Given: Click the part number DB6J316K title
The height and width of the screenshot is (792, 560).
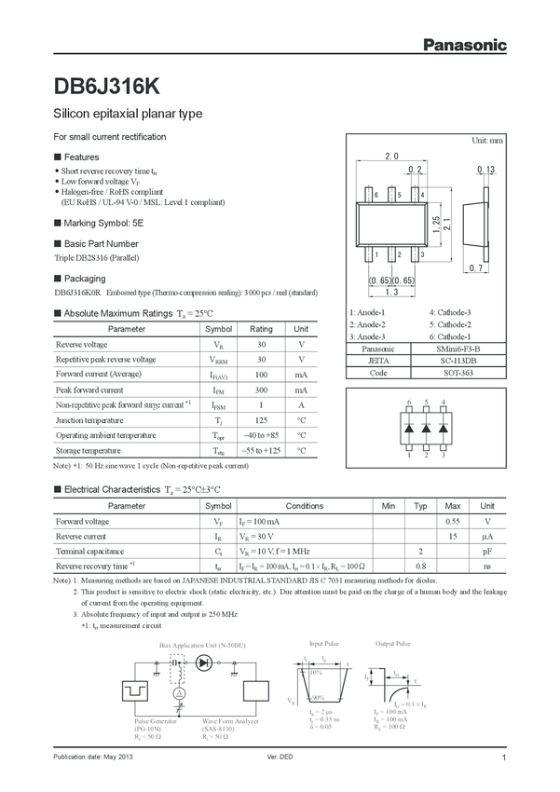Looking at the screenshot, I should point(107,87).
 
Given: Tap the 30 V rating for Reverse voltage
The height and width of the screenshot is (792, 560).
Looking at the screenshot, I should point(261,345).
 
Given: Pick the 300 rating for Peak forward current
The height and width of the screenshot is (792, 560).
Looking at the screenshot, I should point(261,389).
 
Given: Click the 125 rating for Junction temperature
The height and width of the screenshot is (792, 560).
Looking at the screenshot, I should point(261,419).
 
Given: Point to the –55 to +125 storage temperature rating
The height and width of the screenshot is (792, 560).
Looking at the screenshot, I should point(261,450).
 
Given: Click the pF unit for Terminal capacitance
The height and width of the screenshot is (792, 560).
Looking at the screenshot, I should point(486,552).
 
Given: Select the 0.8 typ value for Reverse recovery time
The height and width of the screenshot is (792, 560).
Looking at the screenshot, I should point(421,566).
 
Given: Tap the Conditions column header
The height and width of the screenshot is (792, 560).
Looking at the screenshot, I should point(304,506).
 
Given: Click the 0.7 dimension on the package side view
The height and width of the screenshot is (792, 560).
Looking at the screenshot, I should point(476,268).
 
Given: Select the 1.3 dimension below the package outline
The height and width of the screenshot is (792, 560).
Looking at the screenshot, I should point(391,293).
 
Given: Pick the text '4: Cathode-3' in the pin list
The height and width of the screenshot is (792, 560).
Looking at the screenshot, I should point(450,312).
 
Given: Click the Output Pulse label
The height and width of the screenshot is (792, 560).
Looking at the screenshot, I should point(392,644).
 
